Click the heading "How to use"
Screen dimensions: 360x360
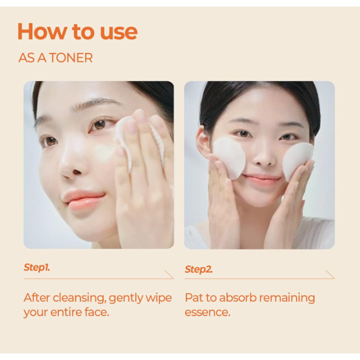click(78, 31)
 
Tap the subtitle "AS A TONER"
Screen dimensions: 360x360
click(55, 57)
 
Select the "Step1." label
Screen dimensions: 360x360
click(37, 268)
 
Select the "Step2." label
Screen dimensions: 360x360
click(199, 269)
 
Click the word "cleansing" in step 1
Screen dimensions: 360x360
click(79, 298)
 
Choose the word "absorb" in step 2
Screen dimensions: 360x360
click(238, 298)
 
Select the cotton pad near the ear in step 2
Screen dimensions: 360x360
click(229, 157)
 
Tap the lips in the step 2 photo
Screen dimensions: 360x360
click(261, 179)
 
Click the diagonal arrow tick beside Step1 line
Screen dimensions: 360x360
click(169, 274)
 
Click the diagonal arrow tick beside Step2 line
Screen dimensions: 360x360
click(330, 274)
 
